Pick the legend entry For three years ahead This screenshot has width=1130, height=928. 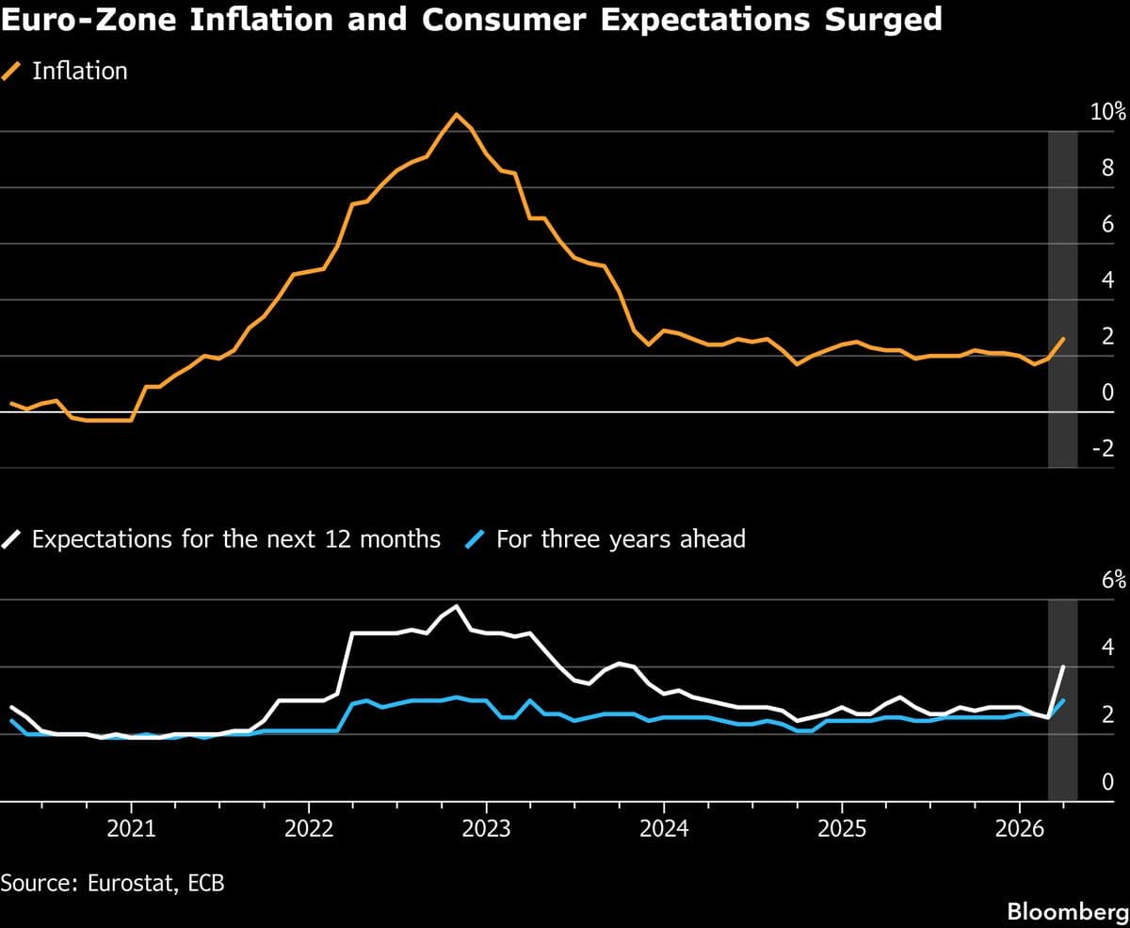607,539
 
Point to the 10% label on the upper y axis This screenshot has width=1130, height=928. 1107,113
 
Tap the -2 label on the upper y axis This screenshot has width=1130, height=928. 1103,449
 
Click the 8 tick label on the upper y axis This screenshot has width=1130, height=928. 1108,169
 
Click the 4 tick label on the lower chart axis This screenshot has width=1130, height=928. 1108,648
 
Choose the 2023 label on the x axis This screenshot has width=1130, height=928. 486,829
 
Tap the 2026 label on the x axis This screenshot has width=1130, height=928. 1019,829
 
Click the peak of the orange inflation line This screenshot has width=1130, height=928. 457,115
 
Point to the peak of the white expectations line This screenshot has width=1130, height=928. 457,606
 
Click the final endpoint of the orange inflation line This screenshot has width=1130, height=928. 1064,338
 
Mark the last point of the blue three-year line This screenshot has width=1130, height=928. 1064,700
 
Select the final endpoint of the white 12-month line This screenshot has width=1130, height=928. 1064,666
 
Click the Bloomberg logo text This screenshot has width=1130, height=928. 1066,911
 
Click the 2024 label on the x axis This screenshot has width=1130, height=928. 664,829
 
